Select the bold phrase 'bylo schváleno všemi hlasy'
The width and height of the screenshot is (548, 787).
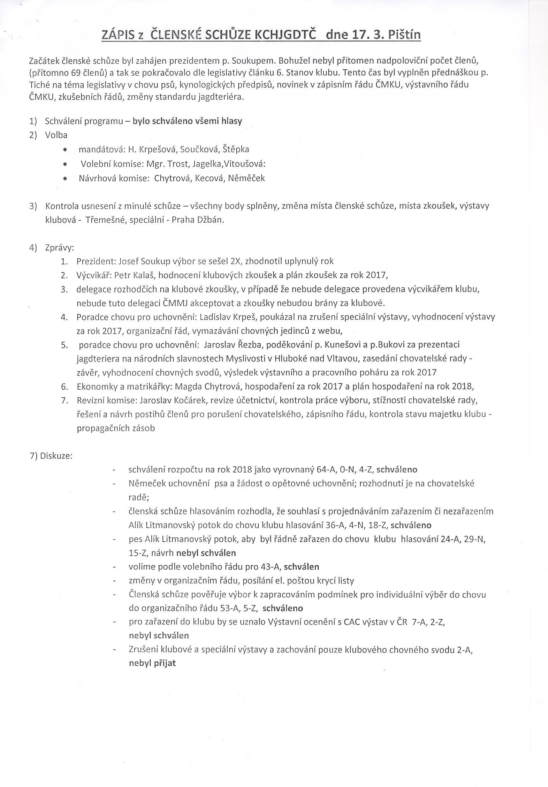tap(187, 121)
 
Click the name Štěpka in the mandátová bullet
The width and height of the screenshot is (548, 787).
tap(236, 149)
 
